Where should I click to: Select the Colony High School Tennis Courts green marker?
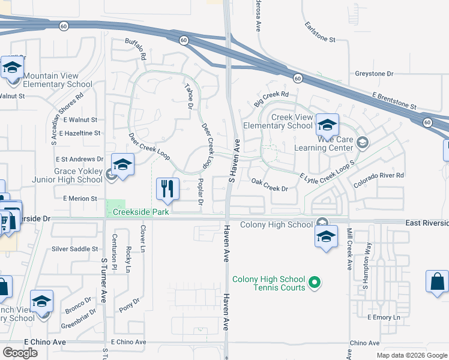313,281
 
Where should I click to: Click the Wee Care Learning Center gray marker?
362,142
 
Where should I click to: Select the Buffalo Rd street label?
136,49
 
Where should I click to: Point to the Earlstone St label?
320,34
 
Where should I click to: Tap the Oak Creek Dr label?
270,184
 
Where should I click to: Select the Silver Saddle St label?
74,248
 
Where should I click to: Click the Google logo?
20,353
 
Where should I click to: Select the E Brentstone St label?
394,100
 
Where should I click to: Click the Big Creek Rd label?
271,98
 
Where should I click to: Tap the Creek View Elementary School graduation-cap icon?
327,125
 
